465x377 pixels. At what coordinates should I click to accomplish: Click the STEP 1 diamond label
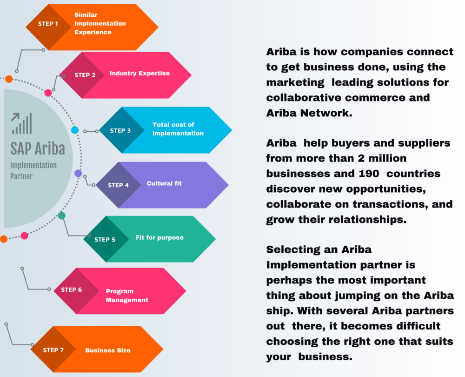click(x=48, y=24)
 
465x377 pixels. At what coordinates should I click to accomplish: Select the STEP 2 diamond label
click(x=85, y=75)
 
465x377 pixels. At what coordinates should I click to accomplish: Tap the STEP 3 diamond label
click(x=120, y=130)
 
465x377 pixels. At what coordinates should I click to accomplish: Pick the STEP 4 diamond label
click(x=118, y=185)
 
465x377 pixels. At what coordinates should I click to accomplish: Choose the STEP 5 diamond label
click(x=105, y=239)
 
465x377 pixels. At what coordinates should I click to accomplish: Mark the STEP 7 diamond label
click(x=53, y=350)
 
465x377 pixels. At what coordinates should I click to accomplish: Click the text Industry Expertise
click(x=139, y=73)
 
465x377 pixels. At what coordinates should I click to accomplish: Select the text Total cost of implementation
click(x=178, y=129)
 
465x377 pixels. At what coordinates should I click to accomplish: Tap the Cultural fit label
click(x=164, y=183)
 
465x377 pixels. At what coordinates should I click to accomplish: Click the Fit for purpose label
click(x=159, y=237)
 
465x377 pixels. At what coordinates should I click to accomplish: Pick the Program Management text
click(x=127, y=296)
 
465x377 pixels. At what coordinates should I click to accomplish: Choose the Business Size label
click(x=108, y=350)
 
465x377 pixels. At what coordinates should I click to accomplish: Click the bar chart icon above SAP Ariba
click(x=22, y=123)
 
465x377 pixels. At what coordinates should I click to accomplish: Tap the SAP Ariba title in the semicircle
click(x=38, y=148)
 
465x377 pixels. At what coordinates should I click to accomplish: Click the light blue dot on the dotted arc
click(x=75, y=130)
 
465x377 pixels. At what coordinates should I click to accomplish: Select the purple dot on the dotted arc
click(x=78, y=173)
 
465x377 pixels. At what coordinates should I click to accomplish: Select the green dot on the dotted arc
click(x=62, y=215)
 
